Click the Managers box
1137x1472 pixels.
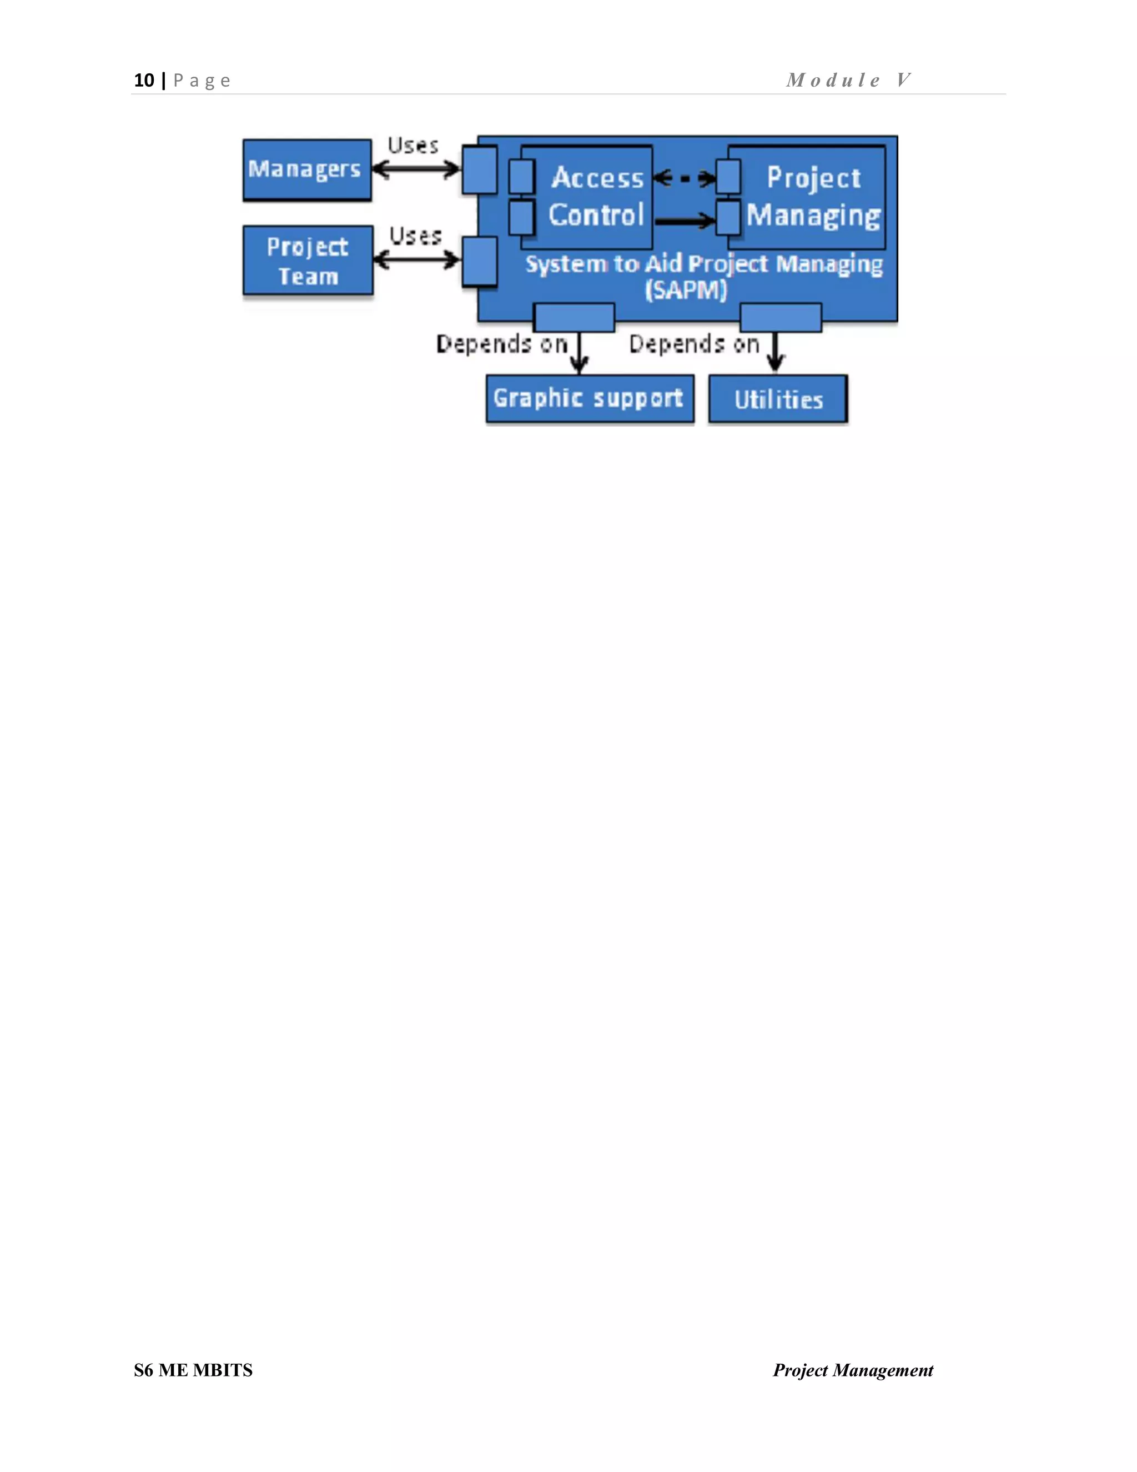(306, 169)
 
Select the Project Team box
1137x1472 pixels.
(308, 261)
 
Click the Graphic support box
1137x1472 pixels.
(590, 399)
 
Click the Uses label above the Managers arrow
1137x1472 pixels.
(413, 146)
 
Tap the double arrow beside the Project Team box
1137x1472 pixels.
(417, 259)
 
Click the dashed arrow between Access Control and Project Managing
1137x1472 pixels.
(685, 179)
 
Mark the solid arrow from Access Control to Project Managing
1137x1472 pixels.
(685, 220)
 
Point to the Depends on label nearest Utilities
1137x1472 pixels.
(694, 344)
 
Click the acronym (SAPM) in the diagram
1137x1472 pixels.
(686, 291)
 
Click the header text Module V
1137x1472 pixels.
(849, 80)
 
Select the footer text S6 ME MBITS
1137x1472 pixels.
(193, 1370)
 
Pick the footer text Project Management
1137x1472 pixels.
(853, 1370)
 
